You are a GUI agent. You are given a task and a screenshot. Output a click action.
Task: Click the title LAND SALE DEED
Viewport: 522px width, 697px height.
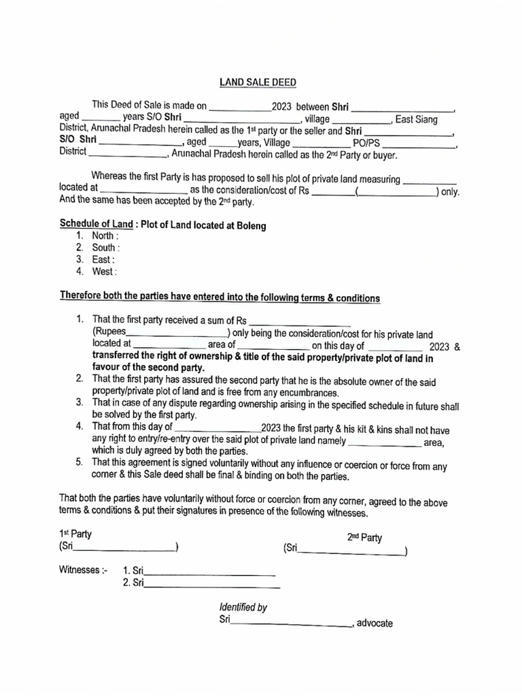[258, 82]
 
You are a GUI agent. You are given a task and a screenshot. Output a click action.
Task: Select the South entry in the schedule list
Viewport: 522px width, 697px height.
[106, 248]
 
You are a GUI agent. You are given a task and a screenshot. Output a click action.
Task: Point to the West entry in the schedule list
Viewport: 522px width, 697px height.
[105, 272]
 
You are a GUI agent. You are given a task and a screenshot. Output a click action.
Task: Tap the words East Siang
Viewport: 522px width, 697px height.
[417, 119]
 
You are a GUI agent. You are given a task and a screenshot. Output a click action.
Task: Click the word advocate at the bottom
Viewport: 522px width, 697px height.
[375, 623]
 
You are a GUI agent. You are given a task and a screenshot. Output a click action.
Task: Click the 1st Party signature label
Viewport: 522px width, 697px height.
[75, 534]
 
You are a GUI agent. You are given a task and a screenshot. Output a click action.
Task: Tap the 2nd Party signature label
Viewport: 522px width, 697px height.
[364, 538]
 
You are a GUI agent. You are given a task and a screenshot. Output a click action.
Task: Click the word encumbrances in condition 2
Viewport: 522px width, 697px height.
[301, 393]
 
